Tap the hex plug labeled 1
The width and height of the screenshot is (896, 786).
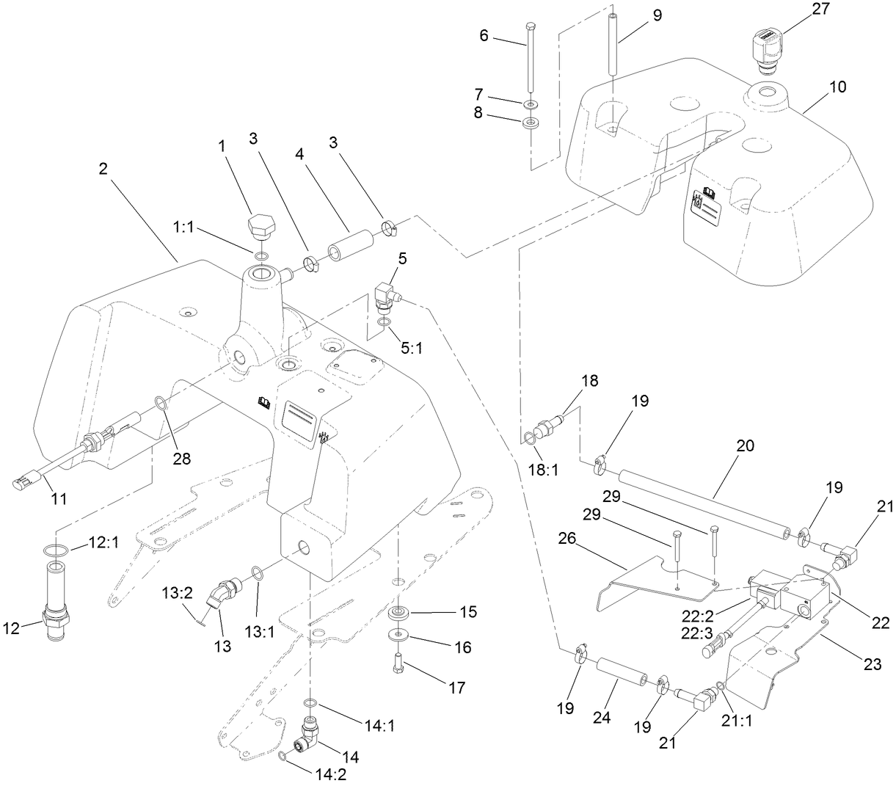coord(262,226)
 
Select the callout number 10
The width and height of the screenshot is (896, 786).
coord(838,87)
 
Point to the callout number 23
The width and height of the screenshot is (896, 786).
coord(871,665)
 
